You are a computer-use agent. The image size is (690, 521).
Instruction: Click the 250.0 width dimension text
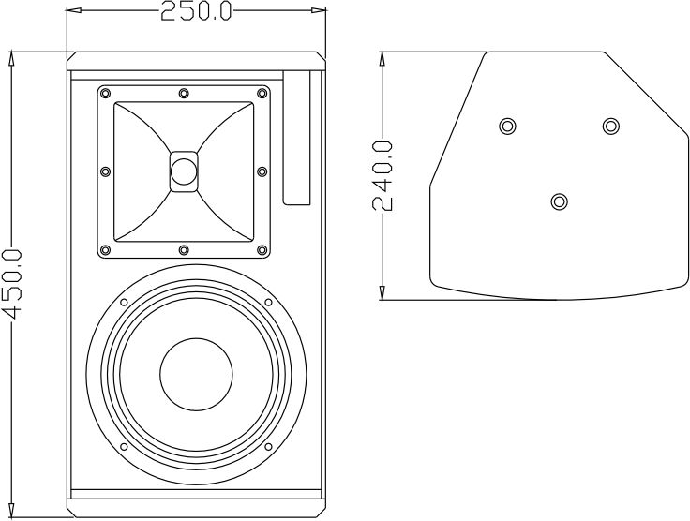pyautogui.click(x=196, y=11)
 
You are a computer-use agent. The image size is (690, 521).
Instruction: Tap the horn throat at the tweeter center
pyautogui.click(x=184, y=171)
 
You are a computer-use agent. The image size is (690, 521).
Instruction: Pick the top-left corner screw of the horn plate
pyautogui.click(x=104, y=93)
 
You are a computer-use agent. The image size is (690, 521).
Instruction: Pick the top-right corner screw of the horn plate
pyautogui.click(x=262, y=93)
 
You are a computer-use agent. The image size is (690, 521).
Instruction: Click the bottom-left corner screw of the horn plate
pyautogui.click(x=104, y=249)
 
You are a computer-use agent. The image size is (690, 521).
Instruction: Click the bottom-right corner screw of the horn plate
pyautogui.click(x=262, y=249)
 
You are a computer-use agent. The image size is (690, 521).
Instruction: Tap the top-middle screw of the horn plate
pyautogui.click(x=184, y=93)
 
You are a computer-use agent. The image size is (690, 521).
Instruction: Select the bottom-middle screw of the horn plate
pyautogui.click(x=184, y=249)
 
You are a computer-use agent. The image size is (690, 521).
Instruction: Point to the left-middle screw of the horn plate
pyautogui.click(x=104, y=171)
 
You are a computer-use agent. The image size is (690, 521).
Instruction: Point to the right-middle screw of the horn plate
pyautogui.click(x=262, y=171)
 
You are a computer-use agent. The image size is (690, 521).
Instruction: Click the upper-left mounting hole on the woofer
pyautogui.click(x=124, y=302)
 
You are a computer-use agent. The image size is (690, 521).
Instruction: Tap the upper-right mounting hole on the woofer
pyautogui.click(x=268, y=302)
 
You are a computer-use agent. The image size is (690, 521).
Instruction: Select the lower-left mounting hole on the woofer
pyautogui.click(x=124, y=446)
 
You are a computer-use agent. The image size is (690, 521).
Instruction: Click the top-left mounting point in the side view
pyautogui.click(x=507, y=126)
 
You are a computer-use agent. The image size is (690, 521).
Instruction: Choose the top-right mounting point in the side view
pyautogui.click(x=611, y=126)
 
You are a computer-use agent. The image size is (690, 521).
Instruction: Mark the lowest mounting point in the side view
pyautogui.click(x=560, y=201)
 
